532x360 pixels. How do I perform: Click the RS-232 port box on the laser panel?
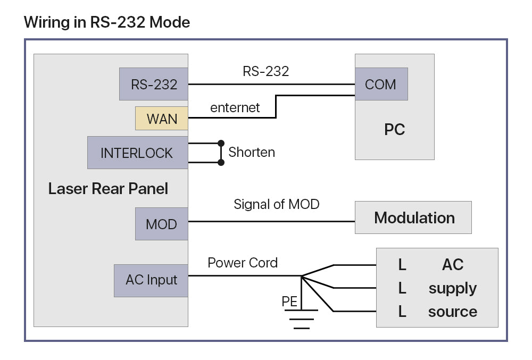coord(154,84)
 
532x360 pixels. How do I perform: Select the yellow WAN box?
coord(162,119)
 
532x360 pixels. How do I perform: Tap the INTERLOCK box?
coord(137,153)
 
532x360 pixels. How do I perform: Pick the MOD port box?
coord(161,223)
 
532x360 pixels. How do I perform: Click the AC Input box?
coord(151,280)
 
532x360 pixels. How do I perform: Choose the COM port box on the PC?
coord(381,84)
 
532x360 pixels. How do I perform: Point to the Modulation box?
coord(413,217)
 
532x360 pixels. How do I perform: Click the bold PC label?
coord(394,130)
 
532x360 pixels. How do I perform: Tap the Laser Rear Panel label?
coord(108,189)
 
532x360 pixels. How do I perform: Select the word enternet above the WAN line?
coord(235,108)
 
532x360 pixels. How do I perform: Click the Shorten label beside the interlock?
coord(252,152)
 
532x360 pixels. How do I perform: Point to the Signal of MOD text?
coord(276,204)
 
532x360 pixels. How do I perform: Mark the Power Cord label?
coord(243,263)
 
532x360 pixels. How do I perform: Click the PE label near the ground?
coord(289,302)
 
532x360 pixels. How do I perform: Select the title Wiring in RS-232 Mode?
coord(107,22)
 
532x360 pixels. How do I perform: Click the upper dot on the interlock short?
coord(221,144)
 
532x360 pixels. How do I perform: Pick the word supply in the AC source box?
coord(453,288)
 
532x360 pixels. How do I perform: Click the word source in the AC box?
coord(453,312)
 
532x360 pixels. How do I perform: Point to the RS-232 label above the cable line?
coord(265,72)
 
